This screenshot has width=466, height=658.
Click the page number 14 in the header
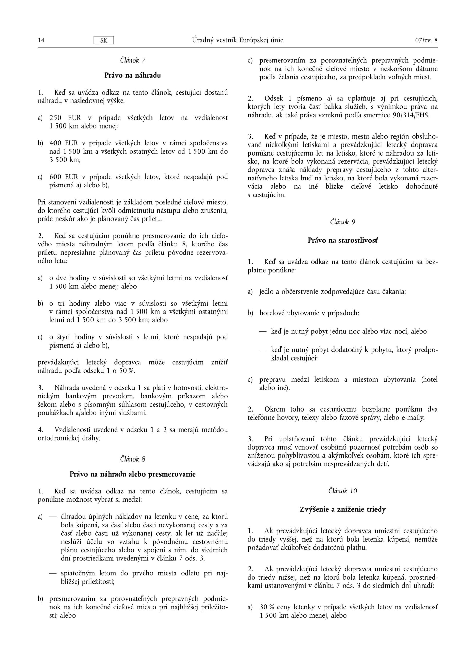41,40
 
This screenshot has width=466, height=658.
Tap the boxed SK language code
104,40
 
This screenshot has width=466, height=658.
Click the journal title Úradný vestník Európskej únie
238,40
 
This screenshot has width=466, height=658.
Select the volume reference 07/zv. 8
426,40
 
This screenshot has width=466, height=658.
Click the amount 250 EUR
65,118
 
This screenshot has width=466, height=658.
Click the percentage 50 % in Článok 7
127,371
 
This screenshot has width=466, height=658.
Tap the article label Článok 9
343,222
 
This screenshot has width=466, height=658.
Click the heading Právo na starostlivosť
343,240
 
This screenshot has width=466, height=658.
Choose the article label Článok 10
343,491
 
